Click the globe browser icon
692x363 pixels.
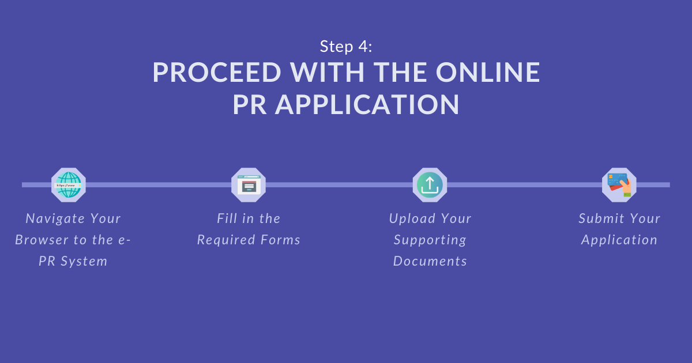[68, 185]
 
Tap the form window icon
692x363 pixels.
[249, 185]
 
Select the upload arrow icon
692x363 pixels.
[430, 185]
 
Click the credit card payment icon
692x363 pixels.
[619, 185]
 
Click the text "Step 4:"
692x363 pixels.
[346, 46]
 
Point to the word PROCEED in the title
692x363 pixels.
[217, 72]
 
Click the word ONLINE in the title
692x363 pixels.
[488, 72]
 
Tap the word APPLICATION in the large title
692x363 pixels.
[367, 105]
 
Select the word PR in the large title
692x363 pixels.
[250, 105]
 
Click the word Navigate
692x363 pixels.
[55, 219]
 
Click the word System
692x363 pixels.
[84, 262]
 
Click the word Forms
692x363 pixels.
[280, 240]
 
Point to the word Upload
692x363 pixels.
[412, 219]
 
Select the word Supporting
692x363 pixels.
[430, 240]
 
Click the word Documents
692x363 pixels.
[430, 261]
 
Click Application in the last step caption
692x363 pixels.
[619, 240]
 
